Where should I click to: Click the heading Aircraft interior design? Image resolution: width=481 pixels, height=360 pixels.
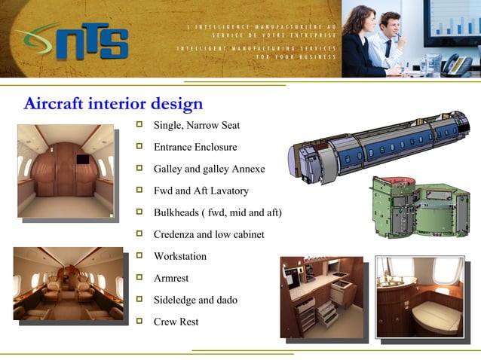click(x=113, y=103)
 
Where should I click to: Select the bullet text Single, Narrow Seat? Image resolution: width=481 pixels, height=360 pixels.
click(x=197, y=125)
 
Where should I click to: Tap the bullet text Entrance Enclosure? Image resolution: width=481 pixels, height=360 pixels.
click(x=195, y=147)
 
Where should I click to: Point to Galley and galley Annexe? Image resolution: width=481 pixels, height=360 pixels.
click(x=209, y=169)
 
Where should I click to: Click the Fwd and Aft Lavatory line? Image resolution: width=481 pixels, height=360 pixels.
click(x=201, y=191)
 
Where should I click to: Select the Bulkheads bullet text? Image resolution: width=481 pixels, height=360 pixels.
click(x=217, y=212)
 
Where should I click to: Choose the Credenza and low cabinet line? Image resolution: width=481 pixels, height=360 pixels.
click(x=209, y=234)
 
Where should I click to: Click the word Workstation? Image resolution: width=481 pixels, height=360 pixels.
click(x=180, y=256)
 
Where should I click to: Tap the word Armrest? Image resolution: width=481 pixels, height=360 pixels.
click(x=172, y=278)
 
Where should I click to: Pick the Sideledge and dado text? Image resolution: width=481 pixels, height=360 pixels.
click(x=195, y=300)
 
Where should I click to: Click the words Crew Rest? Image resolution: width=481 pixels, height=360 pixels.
click(x=176, y=322)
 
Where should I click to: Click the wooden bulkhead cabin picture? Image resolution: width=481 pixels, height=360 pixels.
click(x=66, y=172)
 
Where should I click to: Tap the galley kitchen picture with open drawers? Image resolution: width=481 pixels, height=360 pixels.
click(x=322, y=295)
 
